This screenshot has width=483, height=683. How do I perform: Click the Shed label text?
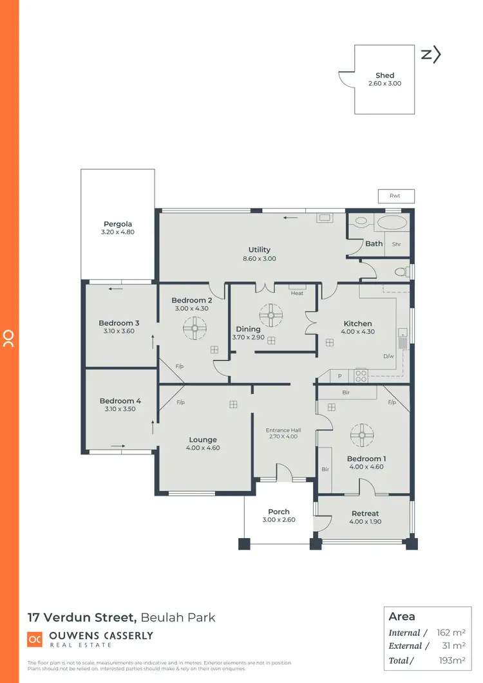click(x=384, y=75)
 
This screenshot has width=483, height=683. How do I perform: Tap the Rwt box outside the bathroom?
click(x=395, y=196)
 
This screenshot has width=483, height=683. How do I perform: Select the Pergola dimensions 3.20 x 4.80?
click(x=117, y=232)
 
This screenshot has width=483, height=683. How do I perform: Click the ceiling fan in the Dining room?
click(x=270, y=315)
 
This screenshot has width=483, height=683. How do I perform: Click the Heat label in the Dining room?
click(x=296, y=293)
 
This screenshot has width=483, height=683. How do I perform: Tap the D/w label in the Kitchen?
click(x=388, y=356)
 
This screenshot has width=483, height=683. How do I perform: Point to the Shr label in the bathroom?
click(x=396, y=244)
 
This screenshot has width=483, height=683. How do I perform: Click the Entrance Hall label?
click(x=284, y=430)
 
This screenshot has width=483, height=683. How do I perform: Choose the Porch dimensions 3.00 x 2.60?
click(x=278, y=519)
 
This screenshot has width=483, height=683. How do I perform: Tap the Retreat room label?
click(x=365, y=513)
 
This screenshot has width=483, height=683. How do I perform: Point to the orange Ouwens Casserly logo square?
click(x=35, y=639)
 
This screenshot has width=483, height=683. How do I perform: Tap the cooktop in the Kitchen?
click(x=361, y=373)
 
